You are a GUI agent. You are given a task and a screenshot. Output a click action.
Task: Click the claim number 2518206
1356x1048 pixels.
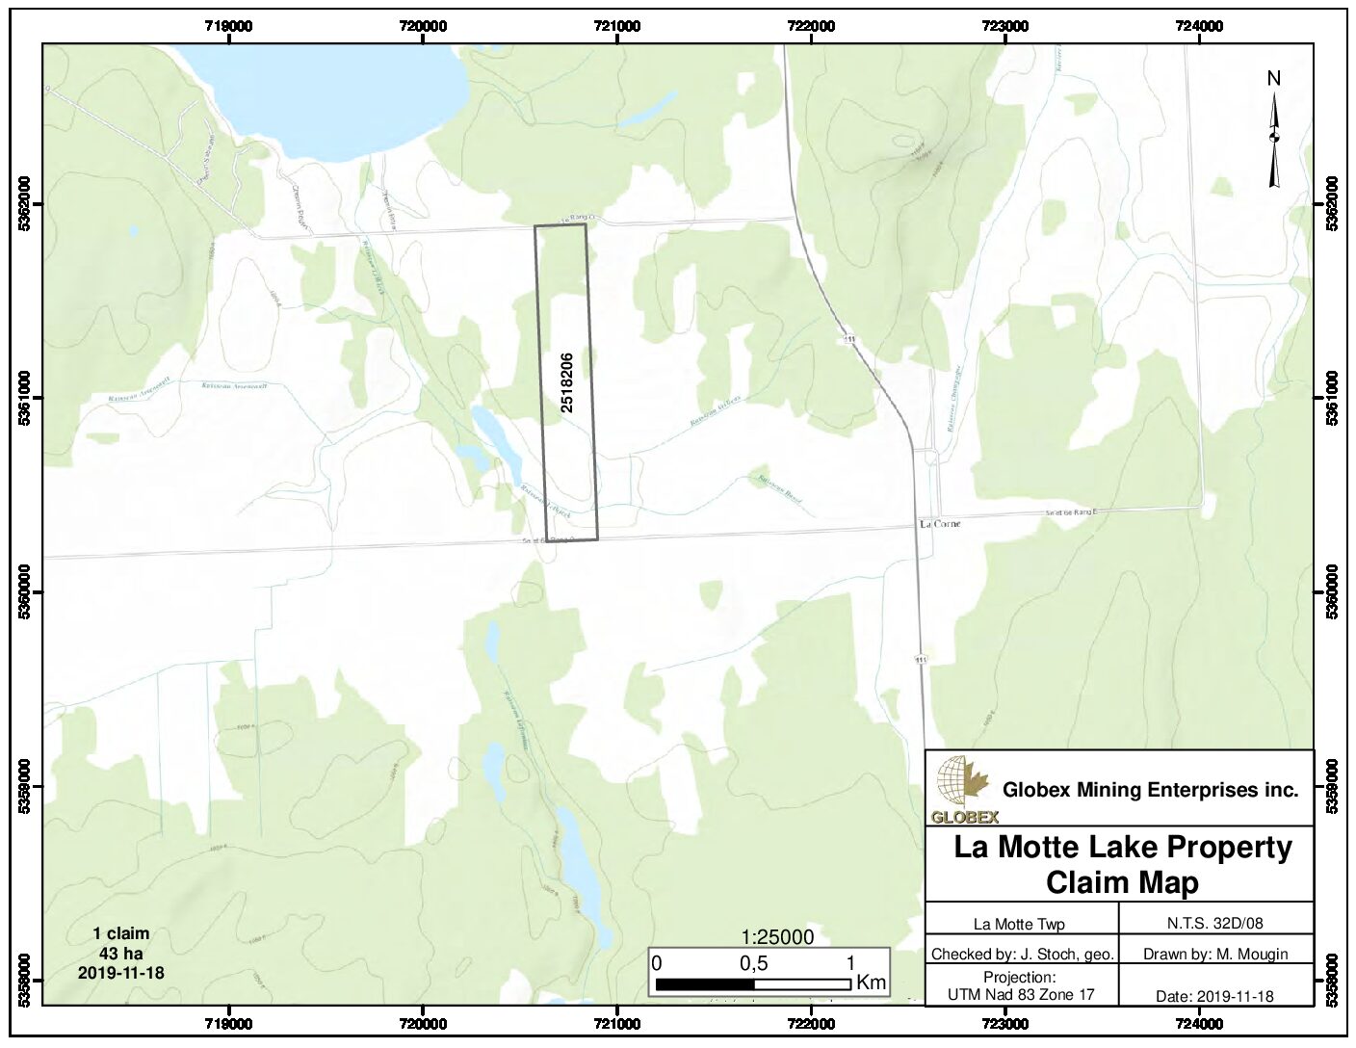click(567, 382)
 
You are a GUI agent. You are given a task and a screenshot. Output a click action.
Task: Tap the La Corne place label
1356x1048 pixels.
click(940, 524)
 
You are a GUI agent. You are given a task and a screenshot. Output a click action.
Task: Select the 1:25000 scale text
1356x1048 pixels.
click(777, 937)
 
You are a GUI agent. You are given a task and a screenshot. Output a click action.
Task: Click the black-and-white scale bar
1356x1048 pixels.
click(753, 984)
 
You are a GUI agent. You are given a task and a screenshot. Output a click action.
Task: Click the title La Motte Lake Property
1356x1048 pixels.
click(1123, 847)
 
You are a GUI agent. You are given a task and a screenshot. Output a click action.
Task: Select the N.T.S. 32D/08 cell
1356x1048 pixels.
click(1214, 923)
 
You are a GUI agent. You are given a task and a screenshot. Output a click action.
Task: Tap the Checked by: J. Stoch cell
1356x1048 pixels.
click(1022, 955)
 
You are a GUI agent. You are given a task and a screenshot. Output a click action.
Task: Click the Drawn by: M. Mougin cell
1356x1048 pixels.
click(1214, 955)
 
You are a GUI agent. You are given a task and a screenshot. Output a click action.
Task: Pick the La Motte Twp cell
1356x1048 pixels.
click(1019, 924)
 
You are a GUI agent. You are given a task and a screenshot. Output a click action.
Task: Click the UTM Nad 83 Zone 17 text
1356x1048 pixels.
click(1021, 995)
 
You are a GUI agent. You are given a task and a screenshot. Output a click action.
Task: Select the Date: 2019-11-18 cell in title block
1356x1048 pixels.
click(1214, 996)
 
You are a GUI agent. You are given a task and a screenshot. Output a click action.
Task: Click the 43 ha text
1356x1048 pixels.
click(120, 953)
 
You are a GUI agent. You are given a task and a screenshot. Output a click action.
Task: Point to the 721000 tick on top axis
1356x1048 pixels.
click(616, 26)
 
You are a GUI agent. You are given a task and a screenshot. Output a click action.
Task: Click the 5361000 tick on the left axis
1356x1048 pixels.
click(25, 399)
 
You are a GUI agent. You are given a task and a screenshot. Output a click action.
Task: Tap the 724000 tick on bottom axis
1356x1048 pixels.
click(1199, 1023)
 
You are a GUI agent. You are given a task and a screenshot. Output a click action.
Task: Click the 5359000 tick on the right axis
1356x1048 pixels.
click(1332, 786)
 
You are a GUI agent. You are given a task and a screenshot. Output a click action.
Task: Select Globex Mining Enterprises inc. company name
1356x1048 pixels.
click(1150, 790)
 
